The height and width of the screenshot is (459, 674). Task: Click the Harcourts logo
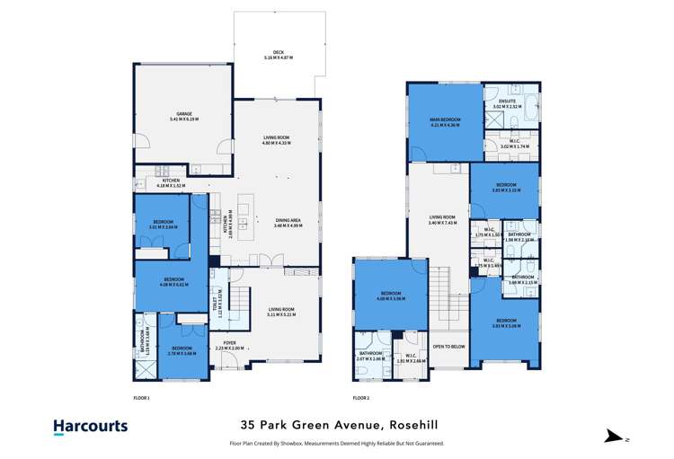[x=91, y=428]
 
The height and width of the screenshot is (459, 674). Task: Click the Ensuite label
[x=507, y=104]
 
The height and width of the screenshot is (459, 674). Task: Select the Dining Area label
[x=288, y=223]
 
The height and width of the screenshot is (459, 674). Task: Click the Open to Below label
[x=448, y=346]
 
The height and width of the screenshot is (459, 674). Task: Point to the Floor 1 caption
[x=142, y=396]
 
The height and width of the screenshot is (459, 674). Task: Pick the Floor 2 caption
[x=361, y=396]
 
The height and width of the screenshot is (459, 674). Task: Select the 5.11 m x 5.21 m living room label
[x=281, y=311]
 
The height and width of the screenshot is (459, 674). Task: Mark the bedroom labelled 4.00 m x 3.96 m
[x=389, y=296]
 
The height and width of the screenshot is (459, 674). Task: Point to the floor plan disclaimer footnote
[x=336, y=443]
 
